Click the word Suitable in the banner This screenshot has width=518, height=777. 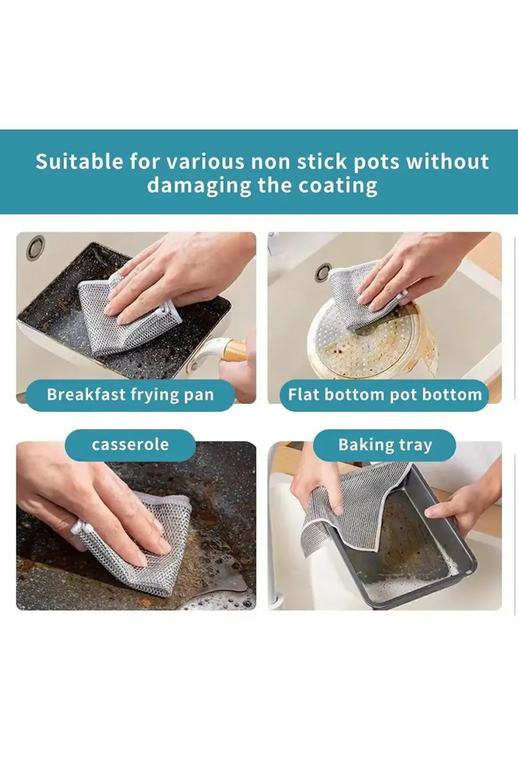pos(79,162)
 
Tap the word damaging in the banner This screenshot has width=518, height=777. pos(199,185)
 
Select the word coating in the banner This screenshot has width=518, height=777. pos(338,185)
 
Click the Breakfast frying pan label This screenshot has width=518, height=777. pos(131,395)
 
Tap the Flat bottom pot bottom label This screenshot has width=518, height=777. pos(384,395)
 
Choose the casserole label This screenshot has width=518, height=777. pos(130,445)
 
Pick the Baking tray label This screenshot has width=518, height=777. pos(384,445)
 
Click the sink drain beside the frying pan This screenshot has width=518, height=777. pos(36,248)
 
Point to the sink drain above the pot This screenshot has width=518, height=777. pos(323,272)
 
